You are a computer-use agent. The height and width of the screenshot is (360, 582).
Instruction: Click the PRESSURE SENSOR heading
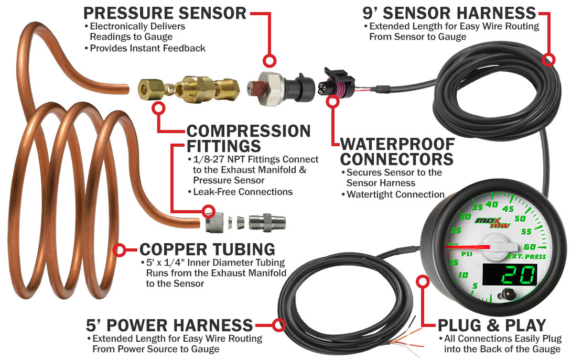(x=165, y=13)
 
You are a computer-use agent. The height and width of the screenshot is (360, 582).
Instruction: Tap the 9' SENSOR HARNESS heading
(x=449, y=12)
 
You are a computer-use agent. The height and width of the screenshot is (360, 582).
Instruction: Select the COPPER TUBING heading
(x=207, y=249)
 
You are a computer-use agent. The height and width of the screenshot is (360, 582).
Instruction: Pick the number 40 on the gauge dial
(x=492, y=205)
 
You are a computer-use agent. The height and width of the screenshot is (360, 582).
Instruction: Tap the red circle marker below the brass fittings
(x=158, y=108)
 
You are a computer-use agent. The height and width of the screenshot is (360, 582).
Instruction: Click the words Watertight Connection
(x=395, y=194)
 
